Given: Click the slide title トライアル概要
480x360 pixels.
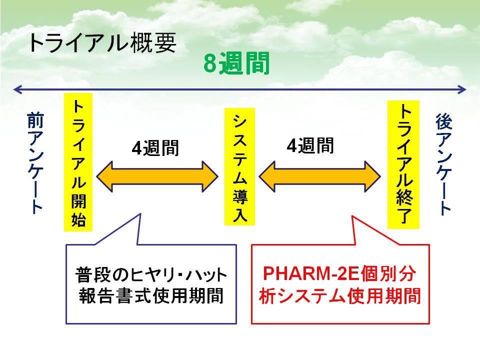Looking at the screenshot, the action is [x=102, y=43].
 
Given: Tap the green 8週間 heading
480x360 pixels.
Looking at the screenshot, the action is [x=236, y=63].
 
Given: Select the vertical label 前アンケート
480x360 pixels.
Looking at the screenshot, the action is [x=35, y=163].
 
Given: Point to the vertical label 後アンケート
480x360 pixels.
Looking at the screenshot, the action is [x=443, y=164].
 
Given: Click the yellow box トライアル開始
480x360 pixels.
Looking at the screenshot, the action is [x=78, y=162].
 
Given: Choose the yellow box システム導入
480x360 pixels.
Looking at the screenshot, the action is [x=239, y=166].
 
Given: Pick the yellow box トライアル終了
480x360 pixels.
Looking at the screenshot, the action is [x=403, y=164].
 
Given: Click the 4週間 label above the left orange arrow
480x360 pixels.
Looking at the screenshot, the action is [x=155, y=148].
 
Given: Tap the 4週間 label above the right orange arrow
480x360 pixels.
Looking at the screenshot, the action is [x=310, y=145].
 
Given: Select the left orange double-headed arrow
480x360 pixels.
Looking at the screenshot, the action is [x=157, y=176].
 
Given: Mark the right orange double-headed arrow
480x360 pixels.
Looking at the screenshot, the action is [x=319, y=176].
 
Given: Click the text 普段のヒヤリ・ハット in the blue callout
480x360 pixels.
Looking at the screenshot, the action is [x=151, y=274].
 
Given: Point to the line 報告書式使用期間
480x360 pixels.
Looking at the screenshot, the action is [x=151, y=295].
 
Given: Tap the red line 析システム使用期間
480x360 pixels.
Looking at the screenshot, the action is [x=340, y=295].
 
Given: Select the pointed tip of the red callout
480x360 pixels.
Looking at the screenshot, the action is [x=352, y=216].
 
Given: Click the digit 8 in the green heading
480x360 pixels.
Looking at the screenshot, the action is [x=210, y=63].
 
